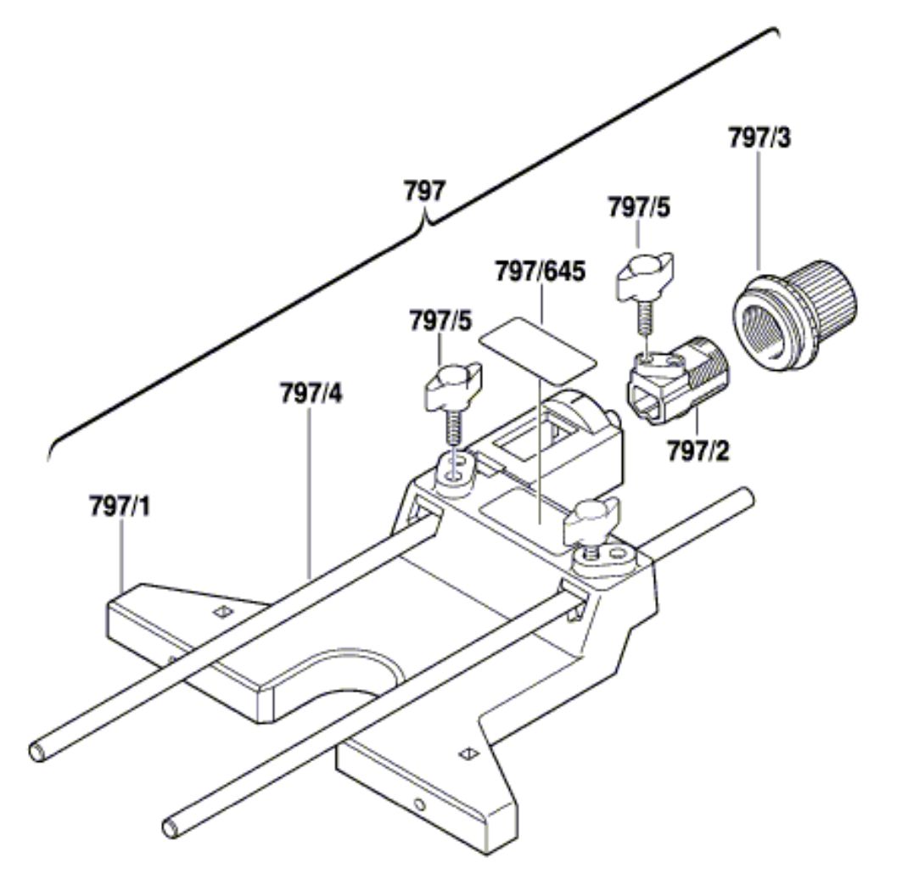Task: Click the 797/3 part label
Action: click(759, 138)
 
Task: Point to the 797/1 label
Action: click(120, 507)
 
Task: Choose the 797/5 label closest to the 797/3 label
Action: click(637, 206)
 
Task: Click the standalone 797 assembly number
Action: click(423, 191)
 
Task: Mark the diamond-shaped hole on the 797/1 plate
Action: click(222, 612)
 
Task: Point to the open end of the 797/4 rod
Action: click(39, 749)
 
